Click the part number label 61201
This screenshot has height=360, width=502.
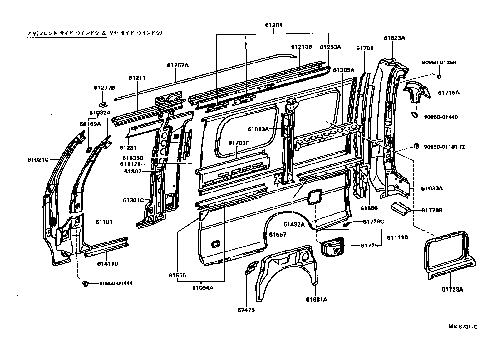pyautogui.click(x=273, y=25)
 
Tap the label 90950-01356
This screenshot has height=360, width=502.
pyautogui.click(x=439, y=62)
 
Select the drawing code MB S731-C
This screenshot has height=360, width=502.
pyautogui.click(x=463, y=327)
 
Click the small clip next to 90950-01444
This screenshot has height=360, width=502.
pyautogui.click(x=84, y=283)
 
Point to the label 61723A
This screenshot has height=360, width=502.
pyautogui.click(x=452, y=289)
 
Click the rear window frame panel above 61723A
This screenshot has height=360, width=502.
pyautogui.click(x=450, y=253)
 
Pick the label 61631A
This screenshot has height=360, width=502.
pyautogui.click(x=317, y=300)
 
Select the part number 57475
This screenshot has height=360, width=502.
pyautogui.click(x=246, y=310)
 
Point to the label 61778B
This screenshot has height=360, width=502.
pyautogui.click(x=432, y=210)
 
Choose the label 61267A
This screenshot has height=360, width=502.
pyautogui.click(x=178, y=65)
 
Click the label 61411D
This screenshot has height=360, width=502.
pyautogui.click(x=107, y=263)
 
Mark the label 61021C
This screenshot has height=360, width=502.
pyautogui.click(x=38, y=159)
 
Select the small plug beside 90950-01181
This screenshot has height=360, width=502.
pyautogui.click(x=416, y=145)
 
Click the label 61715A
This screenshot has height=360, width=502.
pyautogui.click(x=448, y=92)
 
